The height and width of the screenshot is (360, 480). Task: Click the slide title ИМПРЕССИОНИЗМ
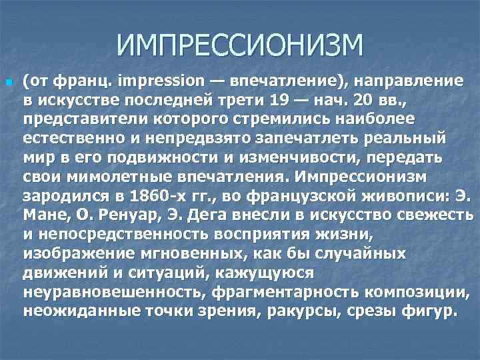(240, 46)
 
